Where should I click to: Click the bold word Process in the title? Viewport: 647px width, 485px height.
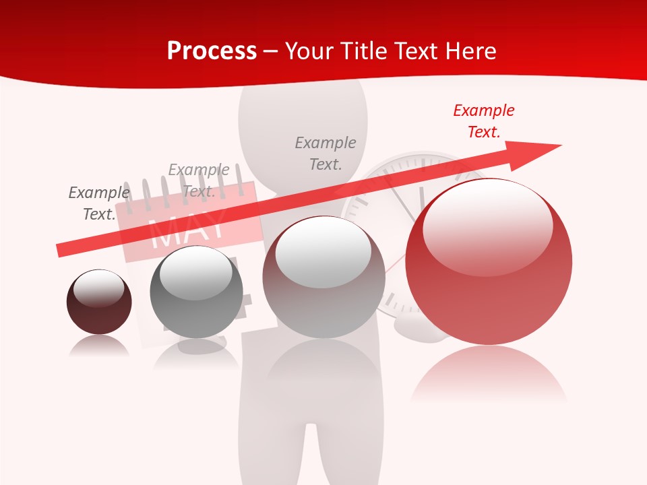point(212,51)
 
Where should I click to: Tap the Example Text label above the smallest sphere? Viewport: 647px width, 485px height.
point(99,203)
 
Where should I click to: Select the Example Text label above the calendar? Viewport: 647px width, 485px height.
point(199,181)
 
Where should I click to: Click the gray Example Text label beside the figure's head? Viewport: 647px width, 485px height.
point(326,153)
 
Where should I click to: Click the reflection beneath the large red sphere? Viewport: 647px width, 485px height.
point(489,374)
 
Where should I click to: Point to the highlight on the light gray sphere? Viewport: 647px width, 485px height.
point(323,251)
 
